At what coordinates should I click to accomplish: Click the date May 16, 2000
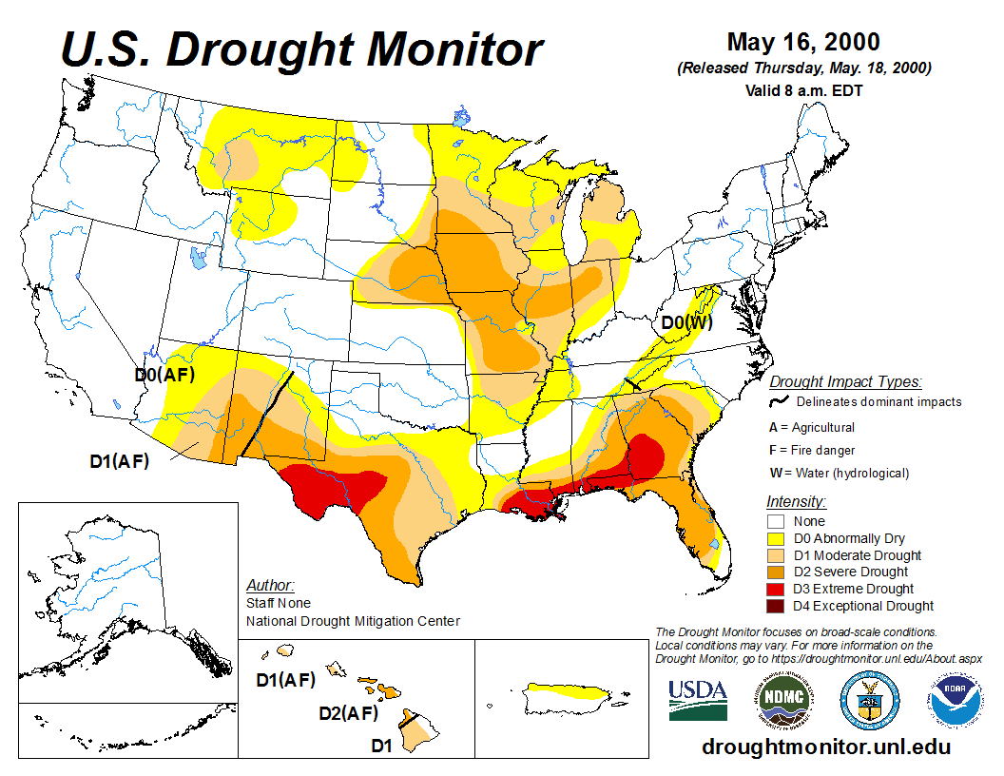[803, 43]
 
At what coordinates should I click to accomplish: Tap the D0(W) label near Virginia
[686, 322]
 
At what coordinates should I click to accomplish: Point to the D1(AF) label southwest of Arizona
[123, 461]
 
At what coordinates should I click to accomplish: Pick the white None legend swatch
[777, 521]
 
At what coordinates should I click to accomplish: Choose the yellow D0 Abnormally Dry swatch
[777, 538]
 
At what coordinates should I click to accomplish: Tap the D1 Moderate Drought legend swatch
[777, 555]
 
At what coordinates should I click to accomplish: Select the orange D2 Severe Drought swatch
[777, 572]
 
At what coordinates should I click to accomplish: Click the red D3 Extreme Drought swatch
[777, 589]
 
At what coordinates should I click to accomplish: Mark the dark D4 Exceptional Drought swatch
[777, 606]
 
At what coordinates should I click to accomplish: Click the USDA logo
[698, 700]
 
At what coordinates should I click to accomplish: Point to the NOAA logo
[954, 700]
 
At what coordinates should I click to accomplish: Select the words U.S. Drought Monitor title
[302, 49]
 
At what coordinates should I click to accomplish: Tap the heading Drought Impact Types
[845, 382]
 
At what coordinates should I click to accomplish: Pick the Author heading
[270, 585]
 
